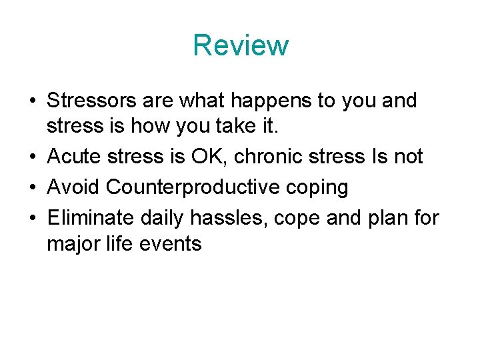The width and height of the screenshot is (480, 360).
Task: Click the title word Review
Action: click(241, 45)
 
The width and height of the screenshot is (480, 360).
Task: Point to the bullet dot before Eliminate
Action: click(32, 217)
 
